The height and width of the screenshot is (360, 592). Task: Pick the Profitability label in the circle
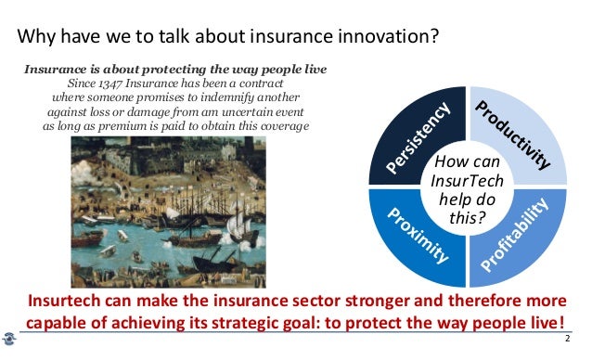pos(517,229)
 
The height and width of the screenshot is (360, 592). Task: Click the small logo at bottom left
pos(10,340)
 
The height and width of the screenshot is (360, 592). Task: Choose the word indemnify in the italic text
pos(245,96)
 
